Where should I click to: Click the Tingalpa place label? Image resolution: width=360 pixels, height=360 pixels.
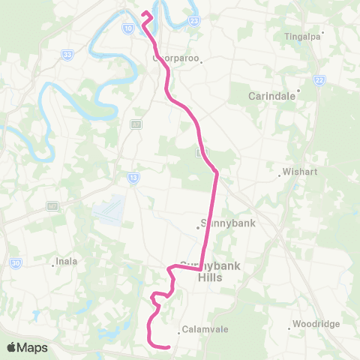point(302,35)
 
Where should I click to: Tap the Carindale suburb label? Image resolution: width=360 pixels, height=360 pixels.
point(273,96)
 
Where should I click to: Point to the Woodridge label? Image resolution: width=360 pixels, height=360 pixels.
point(313,324)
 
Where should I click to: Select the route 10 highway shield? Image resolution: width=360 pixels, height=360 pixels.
point(128,28)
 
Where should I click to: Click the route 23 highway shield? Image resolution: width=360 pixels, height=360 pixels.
point(194,21)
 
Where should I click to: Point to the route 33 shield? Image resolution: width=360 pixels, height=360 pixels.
point(68,55)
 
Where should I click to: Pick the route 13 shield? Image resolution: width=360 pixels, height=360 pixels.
point(133,178)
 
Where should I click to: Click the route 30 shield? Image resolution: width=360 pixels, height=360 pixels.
point(15,262)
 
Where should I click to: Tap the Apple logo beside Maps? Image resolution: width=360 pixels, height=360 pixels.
point(13,347)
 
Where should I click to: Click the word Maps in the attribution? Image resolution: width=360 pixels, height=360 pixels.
point(34,347)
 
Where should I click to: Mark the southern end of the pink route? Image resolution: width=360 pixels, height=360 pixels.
point(169,346)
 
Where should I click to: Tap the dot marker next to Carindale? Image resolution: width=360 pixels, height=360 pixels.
point(298,91)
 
